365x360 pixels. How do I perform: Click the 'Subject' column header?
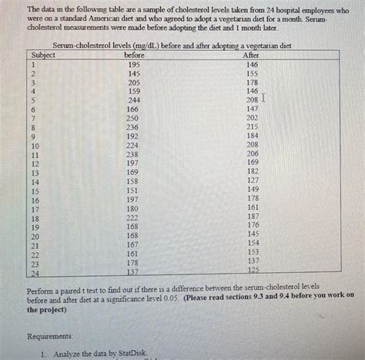(43, 56)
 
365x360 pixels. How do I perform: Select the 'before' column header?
(134, 56)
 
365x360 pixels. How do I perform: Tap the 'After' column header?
(251, 56)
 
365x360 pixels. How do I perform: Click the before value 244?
(134, 101)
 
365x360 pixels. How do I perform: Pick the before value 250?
(133, 119)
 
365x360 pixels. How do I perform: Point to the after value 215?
(252, 127)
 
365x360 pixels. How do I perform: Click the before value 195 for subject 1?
(134, 66)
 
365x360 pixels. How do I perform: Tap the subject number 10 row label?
(35, 146)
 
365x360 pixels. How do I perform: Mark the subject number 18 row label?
(35, 218)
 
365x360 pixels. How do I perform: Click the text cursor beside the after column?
(263, 99)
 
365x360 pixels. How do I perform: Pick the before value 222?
(132, 218)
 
